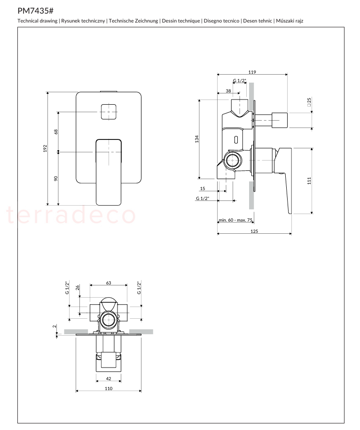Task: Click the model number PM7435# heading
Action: pos(35,11)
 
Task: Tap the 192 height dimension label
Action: pos(45,148)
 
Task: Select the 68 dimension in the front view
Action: pos(56,131)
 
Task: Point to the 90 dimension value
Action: pos(56,178)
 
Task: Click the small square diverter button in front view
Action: pos(109,112)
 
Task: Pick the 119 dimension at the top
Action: pos(252,72)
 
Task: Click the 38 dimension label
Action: pos(228,91)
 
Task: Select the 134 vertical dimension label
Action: pos(196,139)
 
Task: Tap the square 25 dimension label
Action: pos(309,102)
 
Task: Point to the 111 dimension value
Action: pos(309,180)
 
